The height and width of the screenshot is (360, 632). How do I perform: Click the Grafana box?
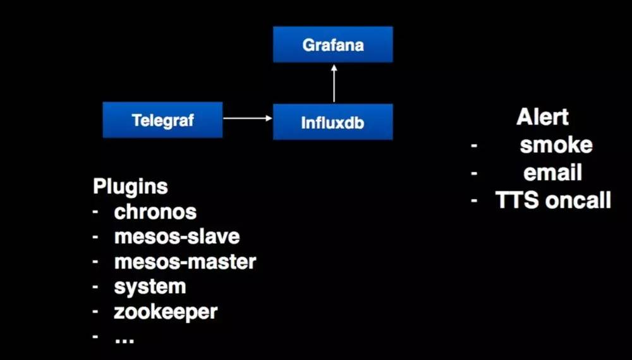tap(333, 45)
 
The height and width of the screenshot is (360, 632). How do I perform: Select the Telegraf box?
tap(162, 120)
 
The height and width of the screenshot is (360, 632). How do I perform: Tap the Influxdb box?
tap(333, 122)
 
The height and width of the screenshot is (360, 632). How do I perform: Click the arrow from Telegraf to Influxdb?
tap(247, 118)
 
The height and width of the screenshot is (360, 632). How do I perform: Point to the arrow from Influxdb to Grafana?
tap(334, 83)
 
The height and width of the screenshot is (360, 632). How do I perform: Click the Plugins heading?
tap(130, 186)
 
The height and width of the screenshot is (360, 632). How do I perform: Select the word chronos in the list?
tap(155, 212)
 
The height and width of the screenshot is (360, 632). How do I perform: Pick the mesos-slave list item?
tap(177, 236)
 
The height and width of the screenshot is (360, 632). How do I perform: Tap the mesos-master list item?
tap(185, 261)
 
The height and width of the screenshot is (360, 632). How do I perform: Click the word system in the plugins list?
tap(150, 286)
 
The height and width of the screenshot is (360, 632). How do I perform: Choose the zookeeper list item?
tap(166, 311)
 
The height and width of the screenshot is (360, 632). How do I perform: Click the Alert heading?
tap(542, 117)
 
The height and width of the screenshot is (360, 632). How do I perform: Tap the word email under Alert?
tap(553, 172)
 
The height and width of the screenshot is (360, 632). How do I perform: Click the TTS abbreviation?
tap(516, 200)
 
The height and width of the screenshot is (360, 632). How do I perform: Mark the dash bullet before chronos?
tap(95, 212)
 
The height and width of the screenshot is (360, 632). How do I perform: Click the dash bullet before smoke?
tap(473, 146)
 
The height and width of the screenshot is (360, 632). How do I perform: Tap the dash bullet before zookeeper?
tap(95, 311)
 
